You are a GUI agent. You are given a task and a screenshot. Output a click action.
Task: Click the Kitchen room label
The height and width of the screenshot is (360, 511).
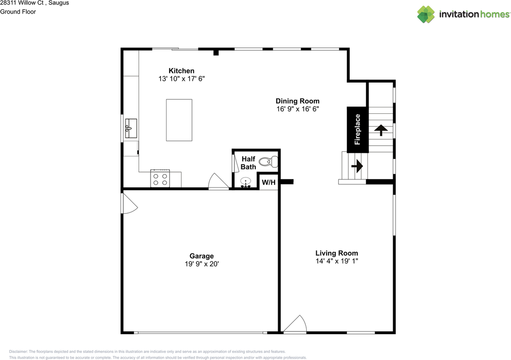pyautogui.click(x=181, y=71)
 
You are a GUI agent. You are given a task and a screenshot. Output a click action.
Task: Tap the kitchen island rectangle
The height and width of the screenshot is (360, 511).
pyautogui.click(x=179, y=120)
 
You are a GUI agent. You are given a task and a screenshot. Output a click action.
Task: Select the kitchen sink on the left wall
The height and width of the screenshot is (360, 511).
pyautogui.click(x=131, y=128)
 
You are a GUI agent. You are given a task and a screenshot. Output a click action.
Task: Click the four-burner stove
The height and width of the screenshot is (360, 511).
pyautogui.click(x=160, y=178)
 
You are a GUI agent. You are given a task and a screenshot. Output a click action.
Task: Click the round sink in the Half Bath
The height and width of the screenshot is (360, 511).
pyautogui.click(x=246, y=182)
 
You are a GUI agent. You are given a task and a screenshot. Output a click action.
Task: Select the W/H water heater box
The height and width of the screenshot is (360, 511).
pyautogui.click(x=268, y=183)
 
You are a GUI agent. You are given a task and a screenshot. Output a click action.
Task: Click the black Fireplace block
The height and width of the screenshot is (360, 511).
pyautogui.click(x=357, y=129)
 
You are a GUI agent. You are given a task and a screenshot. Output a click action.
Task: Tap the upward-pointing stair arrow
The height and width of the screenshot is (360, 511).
pyautogui.click(x=381, y=130)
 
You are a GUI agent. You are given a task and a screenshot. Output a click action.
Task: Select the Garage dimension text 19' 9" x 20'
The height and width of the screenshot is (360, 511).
pyautogui.click(x=202, y=264)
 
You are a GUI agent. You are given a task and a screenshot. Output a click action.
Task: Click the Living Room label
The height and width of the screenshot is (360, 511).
pyautogui.click(x=337, y=253)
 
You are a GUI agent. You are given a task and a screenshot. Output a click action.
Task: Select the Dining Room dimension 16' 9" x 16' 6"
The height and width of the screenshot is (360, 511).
pyautogui.click(x=297, y=109)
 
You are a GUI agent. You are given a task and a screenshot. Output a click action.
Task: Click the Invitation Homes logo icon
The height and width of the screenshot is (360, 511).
pyautogui.click(x=426, y=14)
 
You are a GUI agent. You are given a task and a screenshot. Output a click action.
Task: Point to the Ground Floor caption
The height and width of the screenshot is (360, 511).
pyautogui.click(x=18, y=12)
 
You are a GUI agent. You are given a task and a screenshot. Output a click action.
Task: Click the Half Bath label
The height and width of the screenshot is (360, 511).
pyautogui.click(x=248, y=163)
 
